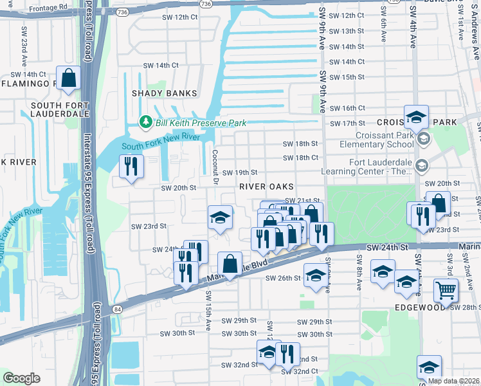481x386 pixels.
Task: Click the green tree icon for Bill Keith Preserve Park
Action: click(x=146, y=122)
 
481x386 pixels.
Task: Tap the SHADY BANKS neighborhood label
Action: click(x=164, y=93)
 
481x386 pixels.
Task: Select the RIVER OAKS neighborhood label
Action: click(x=266, y=186)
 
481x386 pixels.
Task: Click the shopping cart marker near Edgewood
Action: click(x=446, y=290)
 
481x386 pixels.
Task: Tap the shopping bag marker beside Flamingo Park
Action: click(x=69, y=77)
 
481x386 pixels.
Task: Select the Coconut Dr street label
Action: click(x=216, y=167)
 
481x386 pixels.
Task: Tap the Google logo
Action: click(x=21, y=378)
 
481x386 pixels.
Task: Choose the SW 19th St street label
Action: click(x=240, y=172)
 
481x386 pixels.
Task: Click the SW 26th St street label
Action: click(x=283, y=278)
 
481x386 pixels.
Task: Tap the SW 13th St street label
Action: click(x=346, y=31)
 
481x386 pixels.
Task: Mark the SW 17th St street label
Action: click(x=346, y=124)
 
